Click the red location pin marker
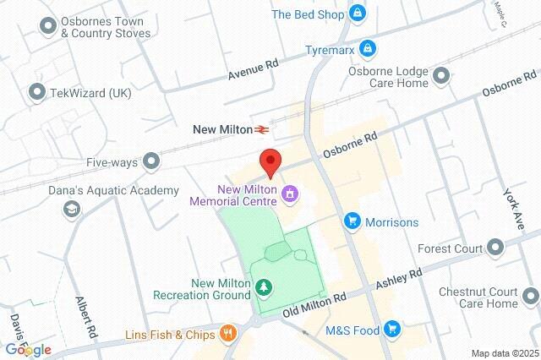(270, 161)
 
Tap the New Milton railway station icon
(264, 129)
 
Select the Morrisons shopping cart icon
(352, 221)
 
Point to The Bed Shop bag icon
(358, 14)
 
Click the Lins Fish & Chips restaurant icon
(227, 333)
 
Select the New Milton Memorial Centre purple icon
(291, 195)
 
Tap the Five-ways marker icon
(151, 160)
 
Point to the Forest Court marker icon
(496, 248)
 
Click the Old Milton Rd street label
(314, 304)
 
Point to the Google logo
(28, 349)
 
